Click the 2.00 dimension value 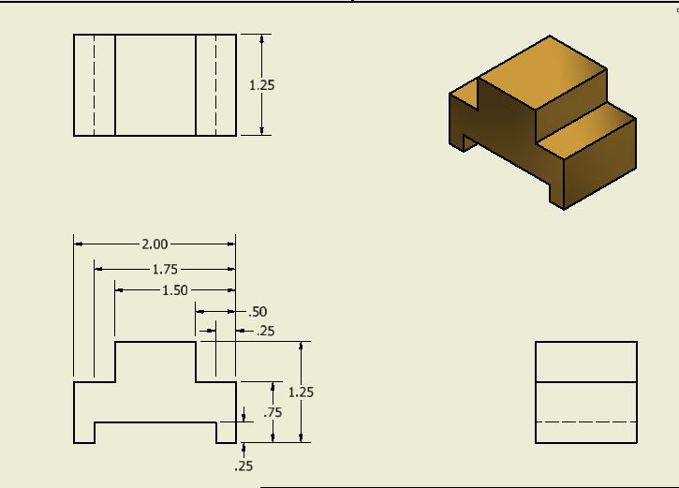pyautogui.click(x=155, y=244)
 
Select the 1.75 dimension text pyautogui.click(x=165, y=270)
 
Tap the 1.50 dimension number pyautogui.click(x=175, y=290)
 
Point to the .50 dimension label pyautogui.click(x=258, y=312)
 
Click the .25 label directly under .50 pyautogui.click(x=265, y=331)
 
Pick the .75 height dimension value pyautogui.click(x=273, y=412)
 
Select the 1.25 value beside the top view pyautogui.click(x=262, y=85)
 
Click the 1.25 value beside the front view pyautogui.click(x=301, y=392)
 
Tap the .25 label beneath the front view pyautogui.click(x=244, y=466)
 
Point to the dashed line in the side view pyautogui.click(x=586, y=422)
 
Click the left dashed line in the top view pyautogui.click(x=95, y=85)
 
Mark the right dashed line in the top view pyautogui.click(x=215, y=85)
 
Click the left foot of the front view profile pyautogui.click(x=84, y=433)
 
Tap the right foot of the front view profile pyautogui.click(x=226, y=433)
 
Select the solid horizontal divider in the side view pyautogui.click(x=586, y=382)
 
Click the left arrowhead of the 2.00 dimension pyautogui.click(x=79, y=244)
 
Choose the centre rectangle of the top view pyautogui.click(x=155, y=85)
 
